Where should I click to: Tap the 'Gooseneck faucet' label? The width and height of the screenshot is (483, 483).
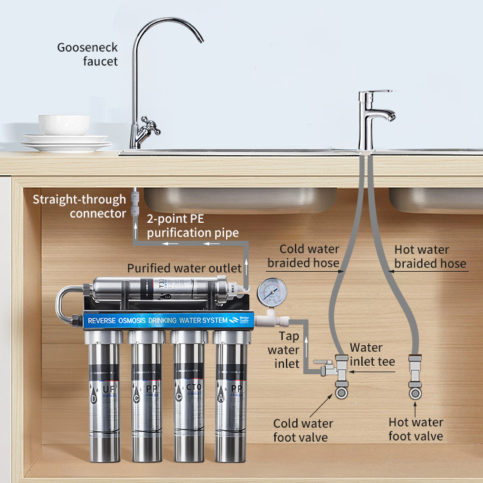coord(87,55)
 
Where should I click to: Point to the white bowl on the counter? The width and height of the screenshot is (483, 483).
coord(64,124)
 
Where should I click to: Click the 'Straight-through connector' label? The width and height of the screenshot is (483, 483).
coord(80,206)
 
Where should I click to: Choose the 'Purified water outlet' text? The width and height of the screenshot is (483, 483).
coord(184,268)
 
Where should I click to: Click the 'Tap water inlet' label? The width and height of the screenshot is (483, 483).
coord(289,350)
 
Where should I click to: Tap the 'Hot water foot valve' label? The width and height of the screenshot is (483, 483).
coord(415,429)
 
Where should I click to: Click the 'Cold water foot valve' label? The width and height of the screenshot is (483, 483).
coord(303,430)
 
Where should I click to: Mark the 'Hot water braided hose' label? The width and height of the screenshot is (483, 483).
coord(430,256)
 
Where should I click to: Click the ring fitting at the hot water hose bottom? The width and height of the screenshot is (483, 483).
coord(415,392)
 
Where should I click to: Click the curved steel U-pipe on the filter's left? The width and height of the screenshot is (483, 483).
coord(63,306)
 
